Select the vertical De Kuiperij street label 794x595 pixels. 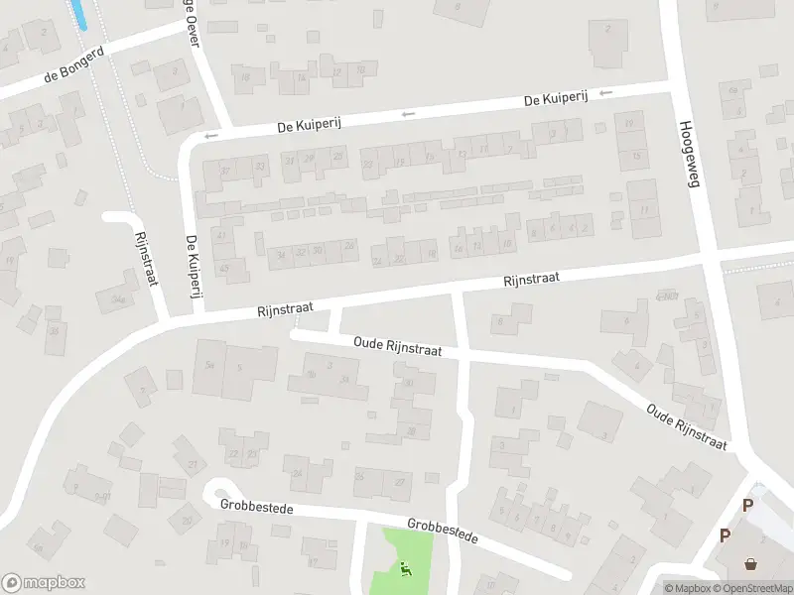click(x=191, y=267)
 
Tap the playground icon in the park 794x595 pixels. click(x=406, y=569)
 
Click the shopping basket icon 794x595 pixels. click(x=751, y=563)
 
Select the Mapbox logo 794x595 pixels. click(x=44, y=583)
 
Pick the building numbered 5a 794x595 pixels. click(x=209, y=364)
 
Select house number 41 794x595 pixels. click(x=221, y=235)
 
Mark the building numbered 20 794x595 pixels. click(x=186, y=519)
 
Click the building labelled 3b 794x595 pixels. click(x=311, y=374)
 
